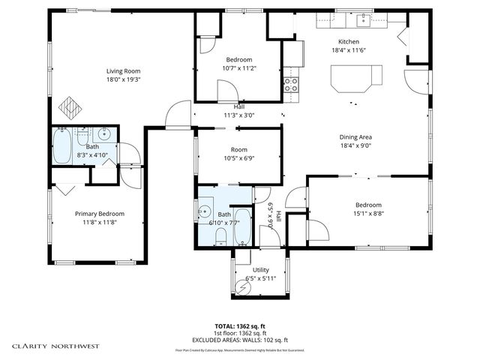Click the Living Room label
coord(123,70)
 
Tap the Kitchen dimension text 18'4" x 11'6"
coord(349,50)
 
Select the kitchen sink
coord(364,16)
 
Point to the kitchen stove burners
coord(291,83)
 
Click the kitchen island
coord(357,75)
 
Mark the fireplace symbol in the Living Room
coord(68,107)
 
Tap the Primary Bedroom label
coord(99,214)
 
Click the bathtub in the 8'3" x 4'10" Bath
coord(62,146)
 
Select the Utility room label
coord(260,270)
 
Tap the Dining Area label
coord(355,137)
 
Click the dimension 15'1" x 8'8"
coord(368,214)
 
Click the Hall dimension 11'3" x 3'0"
coord(238,115)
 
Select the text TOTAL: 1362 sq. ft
coord(241,327)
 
